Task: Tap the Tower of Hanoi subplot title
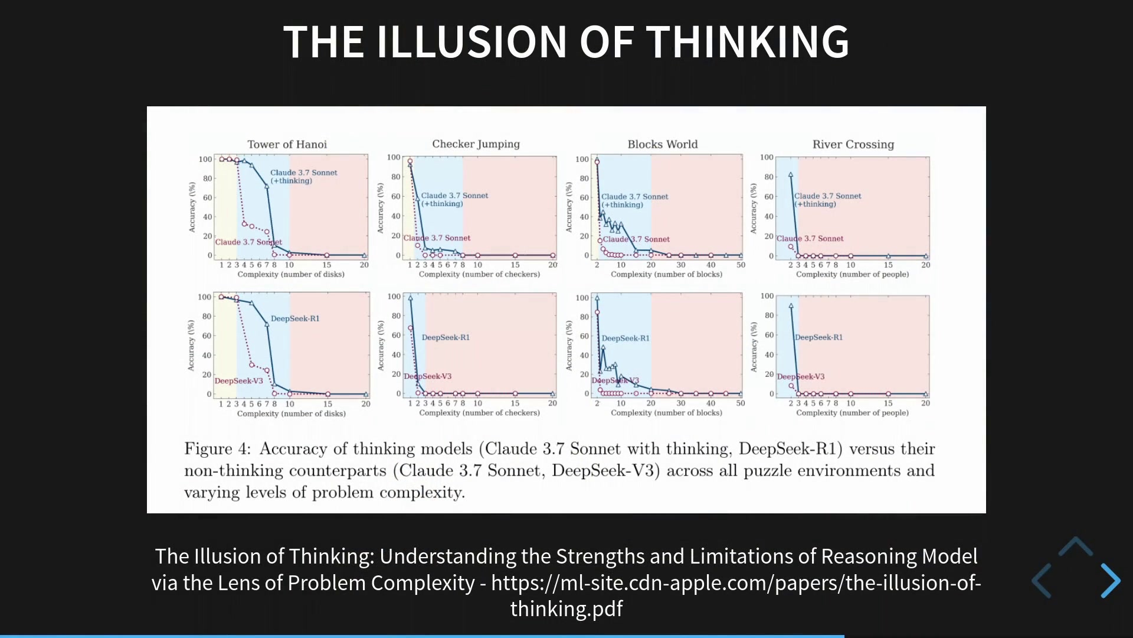pyautogui.click(x=287, y=144)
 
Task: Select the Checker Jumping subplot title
pyautogui.click(x=476, y=144)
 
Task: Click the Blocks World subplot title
pyautogui.click(x=662, y=144)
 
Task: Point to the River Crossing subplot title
pyautogui.click(x=853, y=145)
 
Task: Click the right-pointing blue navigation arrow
pyautogui.click(x=1111, y=580)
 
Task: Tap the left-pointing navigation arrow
pyautogui.click(x=1042, y=580)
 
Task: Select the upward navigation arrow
pyautogui.click(x=1076, y=546)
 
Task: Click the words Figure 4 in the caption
pyautogui.click(x=217, y=449)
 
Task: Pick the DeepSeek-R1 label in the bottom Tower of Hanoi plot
pyautogui.click(x=295, y=318)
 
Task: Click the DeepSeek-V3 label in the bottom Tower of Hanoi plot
pyautogui.click(x=239, y=381)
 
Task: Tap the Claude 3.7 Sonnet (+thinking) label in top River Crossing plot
pyautogui.click(x=827, y=200)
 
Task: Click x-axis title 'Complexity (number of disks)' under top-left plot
pyautogui.click(x=291, y=274)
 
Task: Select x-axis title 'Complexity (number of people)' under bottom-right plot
pyautogui.click(x=853, y=413)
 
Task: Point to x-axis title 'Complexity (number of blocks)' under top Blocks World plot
pyautogui.click(x=666, y=274)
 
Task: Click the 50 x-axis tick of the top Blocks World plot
pyautogui.click(x=741, y=265)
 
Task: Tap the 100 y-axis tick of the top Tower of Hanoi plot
pyautogui.click(x=205, y=159)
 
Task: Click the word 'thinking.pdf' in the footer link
pyautogui.click(x=566, y=608)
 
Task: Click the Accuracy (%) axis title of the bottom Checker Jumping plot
pyautogui.click(x=381, y=346)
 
